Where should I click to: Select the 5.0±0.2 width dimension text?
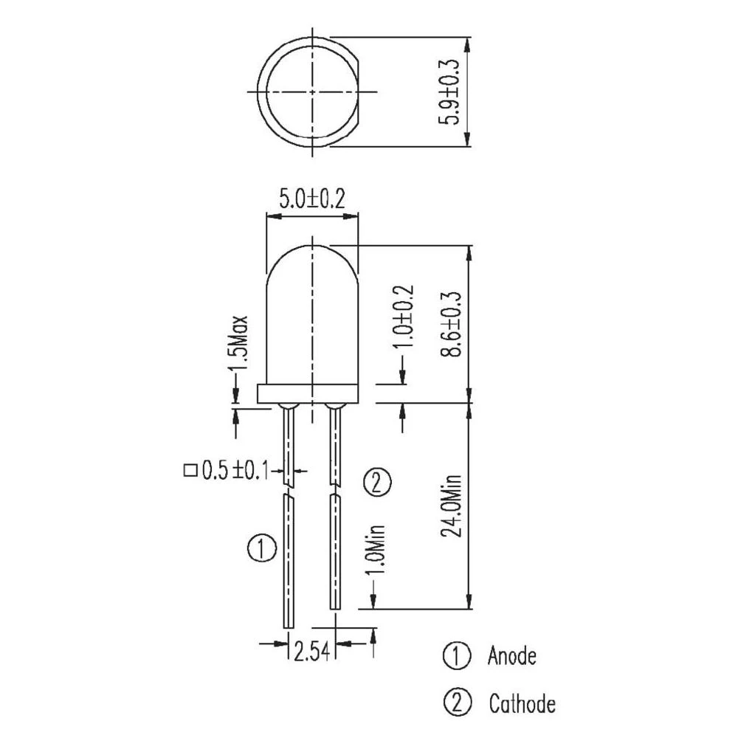coord(312,200)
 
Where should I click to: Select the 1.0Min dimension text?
coord(375,552)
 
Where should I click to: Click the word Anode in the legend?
coord(511,655)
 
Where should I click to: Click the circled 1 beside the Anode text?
coord(456,655)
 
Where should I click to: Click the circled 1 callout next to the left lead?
coord(262,549)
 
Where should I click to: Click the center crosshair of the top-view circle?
coord(312,92)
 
